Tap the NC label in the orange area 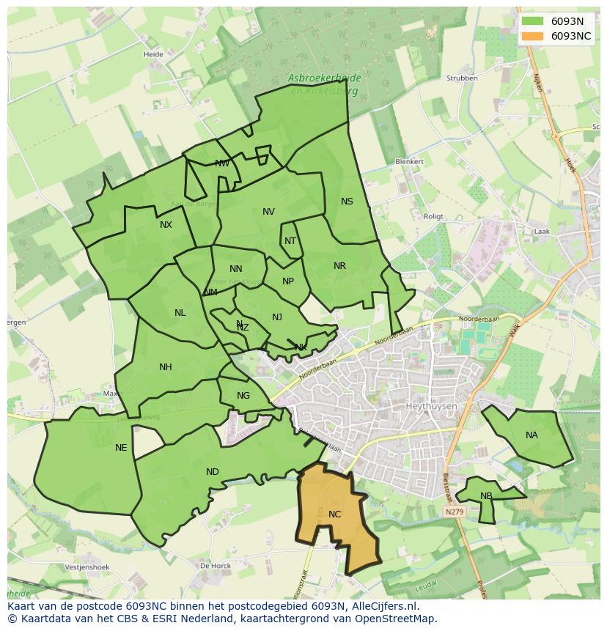(334, 514)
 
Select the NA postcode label (531, 435)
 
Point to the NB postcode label (486, 496)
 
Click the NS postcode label (347, 202)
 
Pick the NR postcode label (339, 266)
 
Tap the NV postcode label (268, 212)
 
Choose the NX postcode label (166, 225)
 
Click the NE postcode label (121, 448)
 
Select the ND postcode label (213, 472)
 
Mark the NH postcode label (166, 367)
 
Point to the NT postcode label (290, 241)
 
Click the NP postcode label (288, 281)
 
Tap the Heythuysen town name (431, 406)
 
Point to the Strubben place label (462, 78)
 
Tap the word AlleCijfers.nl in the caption (383, 606)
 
